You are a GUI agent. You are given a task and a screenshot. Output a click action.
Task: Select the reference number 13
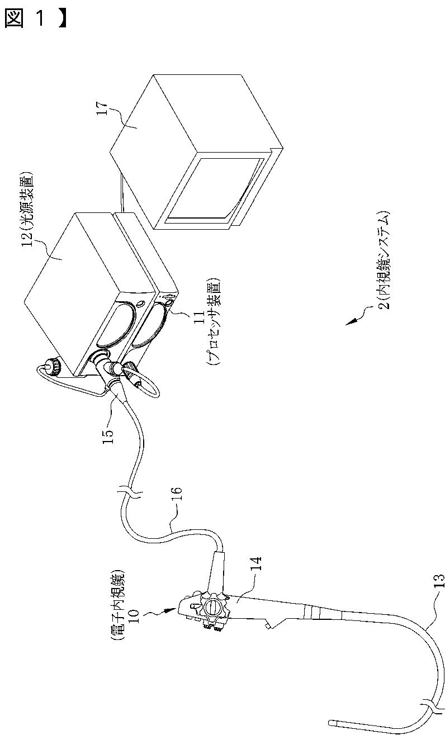click(439, 587)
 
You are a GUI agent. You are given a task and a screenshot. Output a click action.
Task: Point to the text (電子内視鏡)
click(118, 604)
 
